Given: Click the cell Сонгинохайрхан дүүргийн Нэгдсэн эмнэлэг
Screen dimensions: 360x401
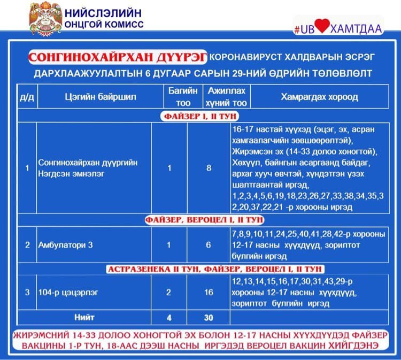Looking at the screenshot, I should coord(88,168).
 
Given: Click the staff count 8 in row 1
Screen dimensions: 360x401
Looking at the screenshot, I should coord(209,168).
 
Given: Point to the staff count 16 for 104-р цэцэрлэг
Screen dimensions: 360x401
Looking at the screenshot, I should coord(209,292).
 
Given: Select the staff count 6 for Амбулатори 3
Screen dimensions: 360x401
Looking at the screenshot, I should coord(209,244).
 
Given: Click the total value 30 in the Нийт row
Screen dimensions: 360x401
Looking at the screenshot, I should coord(209,317).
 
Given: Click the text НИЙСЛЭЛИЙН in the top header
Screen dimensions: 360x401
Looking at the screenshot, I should coord(103,14).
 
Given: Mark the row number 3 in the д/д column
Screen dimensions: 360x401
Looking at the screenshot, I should coord(27,292).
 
